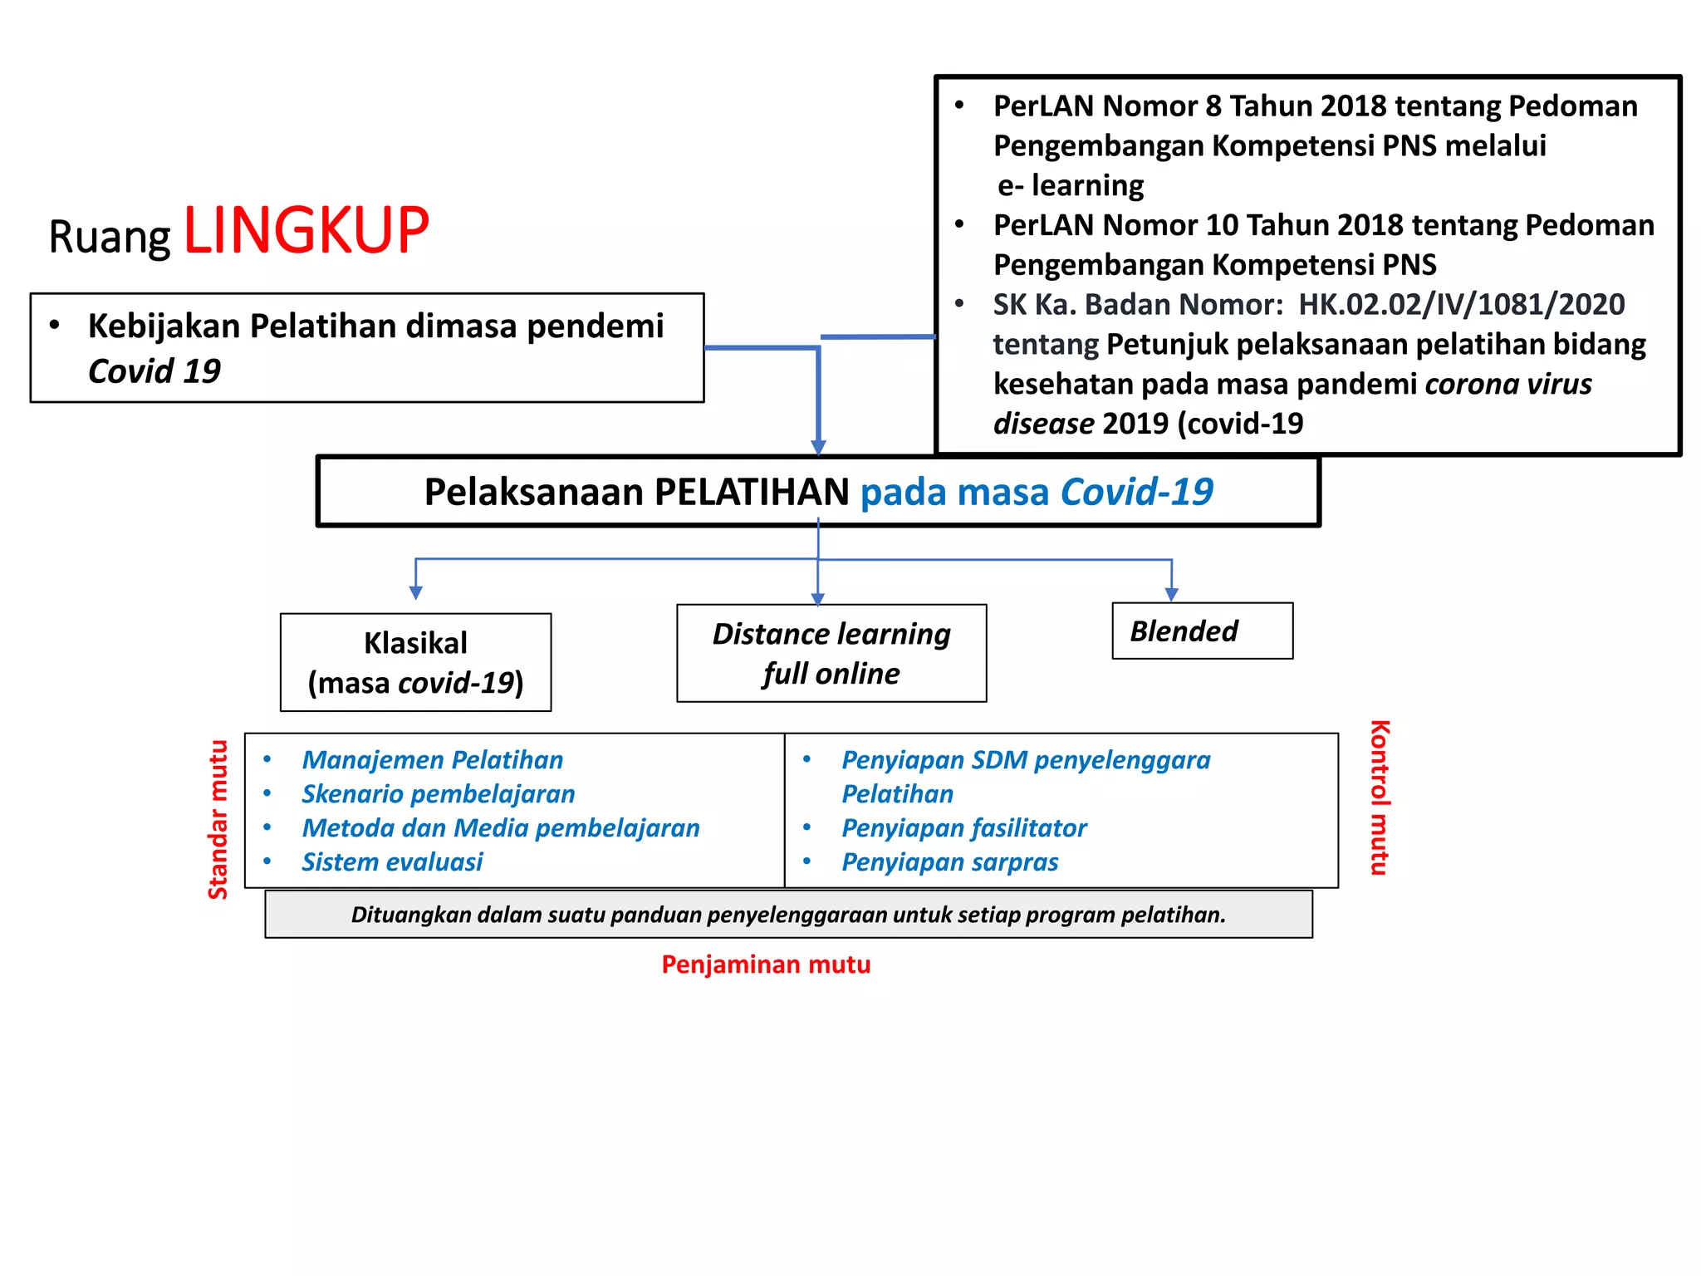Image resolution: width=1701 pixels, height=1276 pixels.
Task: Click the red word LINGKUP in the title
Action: pos(306,230)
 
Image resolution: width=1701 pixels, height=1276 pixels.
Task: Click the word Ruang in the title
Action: pos(109,237)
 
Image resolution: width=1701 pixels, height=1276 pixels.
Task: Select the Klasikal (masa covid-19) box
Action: pos(415,662)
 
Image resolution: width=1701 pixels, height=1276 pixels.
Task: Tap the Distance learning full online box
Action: pos(831,653)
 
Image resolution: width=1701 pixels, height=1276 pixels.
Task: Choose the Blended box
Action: pos(1201,631)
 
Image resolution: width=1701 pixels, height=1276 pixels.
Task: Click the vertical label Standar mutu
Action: pos(218,819)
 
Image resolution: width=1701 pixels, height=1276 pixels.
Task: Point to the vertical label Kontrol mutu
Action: pos(1379,797)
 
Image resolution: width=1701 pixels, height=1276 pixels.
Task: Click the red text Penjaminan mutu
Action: pos(765,964)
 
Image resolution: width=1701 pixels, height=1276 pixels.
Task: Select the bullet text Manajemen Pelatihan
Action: pos(432,759)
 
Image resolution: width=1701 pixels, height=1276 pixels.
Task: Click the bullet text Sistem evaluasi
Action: pos(392,861)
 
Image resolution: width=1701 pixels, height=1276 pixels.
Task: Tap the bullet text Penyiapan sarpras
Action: pos(949,861)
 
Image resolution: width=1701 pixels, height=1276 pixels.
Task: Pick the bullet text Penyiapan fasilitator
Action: pos(963,827)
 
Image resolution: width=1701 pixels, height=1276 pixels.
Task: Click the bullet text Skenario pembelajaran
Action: pos(438,793)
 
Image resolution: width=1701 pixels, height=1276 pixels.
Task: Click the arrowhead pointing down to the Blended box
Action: pos(1171,594)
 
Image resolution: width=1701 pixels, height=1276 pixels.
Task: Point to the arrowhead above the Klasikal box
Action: pos(416,592)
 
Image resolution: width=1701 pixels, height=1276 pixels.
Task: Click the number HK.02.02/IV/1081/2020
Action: pos(1461,304)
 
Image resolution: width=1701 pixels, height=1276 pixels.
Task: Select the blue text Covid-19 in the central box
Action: pos(1136,492)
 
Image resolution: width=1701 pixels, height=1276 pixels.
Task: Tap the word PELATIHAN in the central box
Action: pos(751,492)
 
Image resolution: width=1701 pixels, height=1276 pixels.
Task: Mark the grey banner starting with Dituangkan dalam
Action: pos(788,915)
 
